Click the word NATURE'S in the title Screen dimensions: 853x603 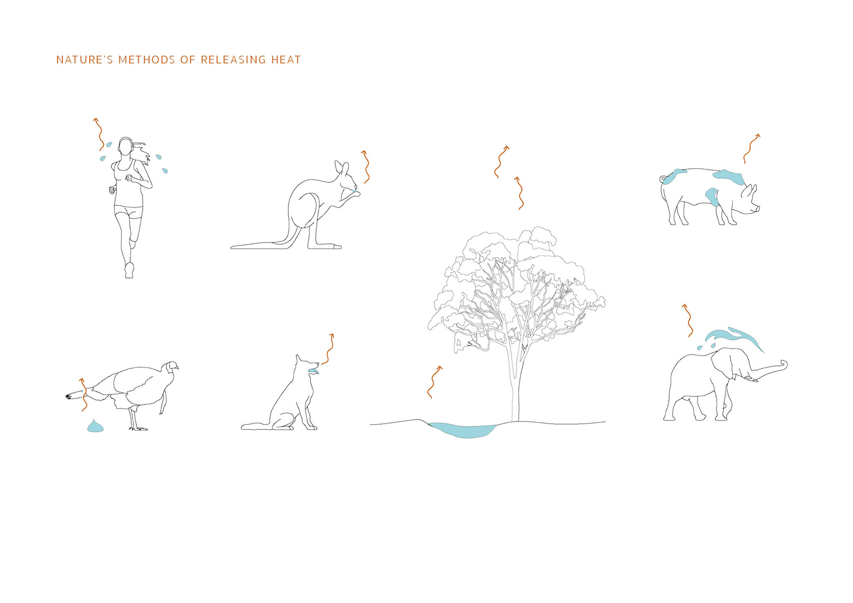tap(85, 60)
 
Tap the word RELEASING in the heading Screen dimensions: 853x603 tap(233, 60)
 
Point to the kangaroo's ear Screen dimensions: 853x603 tap(340, 167)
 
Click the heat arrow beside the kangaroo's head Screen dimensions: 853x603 tap(367, 167)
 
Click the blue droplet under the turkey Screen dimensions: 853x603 tap(95, 426)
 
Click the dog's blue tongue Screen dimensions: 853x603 tap(314, 371)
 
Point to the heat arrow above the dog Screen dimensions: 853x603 tap(329, 349)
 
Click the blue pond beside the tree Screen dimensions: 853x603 tap(463, 430)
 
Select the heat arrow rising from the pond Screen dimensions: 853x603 tap(434, 382)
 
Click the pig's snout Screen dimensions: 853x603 tap(756, 209)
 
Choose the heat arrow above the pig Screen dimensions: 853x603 tap(752, 148)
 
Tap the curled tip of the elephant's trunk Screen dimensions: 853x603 tap(784, 365)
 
